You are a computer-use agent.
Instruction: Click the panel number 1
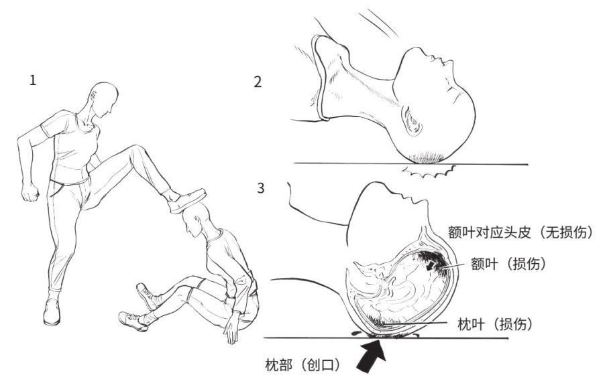(x=33, y=80)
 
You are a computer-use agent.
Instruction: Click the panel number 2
(x=258, y=82)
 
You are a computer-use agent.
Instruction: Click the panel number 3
(x=260, y=188)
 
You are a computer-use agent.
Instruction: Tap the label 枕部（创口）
(x=302, y=364)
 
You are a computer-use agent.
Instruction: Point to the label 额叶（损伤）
(x=508, y=264)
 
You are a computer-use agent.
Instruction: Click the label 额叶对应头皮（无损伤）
(x=520, y=232)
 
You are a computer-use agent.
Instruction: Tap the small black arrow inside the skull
(x=430, y=266)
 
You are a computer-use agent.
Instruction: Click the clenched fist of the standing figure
(x=30, y=193)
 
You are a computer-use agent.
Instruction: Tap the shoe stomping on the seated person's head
(x=187, y=201)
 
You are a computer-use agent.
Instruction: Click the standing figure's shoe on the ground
(x=52, y=311)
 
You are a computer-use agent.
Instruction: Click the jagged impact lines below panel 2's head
(x=429, y=171)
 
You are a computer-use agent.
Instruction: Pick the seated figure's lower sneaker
(x=133, y=321)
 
